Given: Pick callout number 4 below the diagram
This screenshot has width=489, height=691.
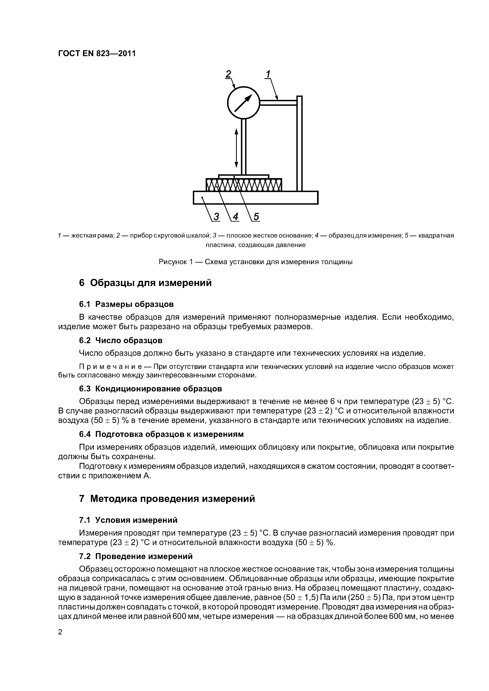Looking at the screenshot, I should coord(235,216).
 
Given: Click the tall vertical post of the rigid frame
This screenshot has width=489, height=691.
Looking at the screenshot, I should coord(299,144).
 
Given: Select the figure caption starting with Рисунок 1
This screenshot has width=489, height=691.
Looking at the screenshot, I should coord(256,262).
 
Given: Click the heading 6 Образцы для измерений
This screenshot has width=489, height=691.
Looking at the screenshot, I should coord(145,283).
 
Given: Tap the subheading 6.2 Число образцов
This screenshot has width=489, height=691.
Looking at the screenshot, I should coord(121,340).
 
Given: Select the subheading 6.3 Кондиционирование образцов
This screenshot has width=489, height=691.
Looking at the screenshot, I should coord(150,389).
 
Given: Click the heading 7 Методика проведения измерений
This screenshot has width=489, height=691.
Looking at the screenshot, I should coord(167,499).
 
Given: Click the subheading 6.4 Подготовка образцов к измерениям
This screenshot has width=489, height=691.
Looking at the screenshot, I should coord(161,434).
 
